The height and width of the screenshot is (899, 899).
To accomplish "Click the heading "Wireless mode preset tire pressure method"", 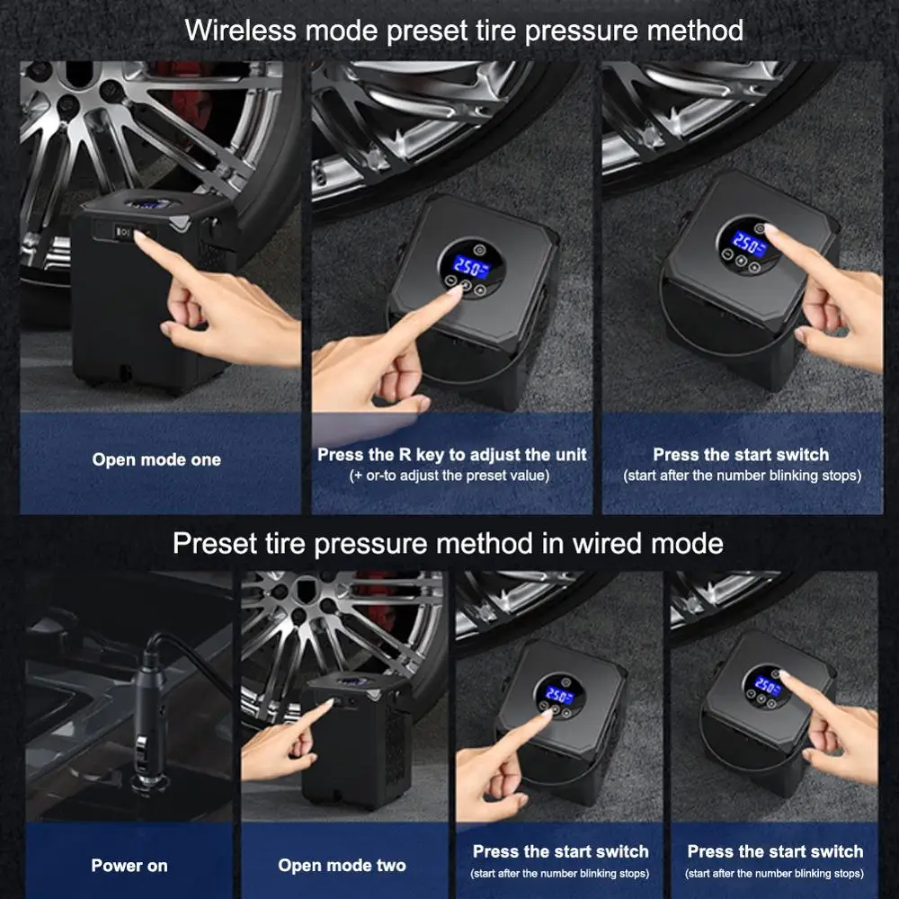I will pos(464,30).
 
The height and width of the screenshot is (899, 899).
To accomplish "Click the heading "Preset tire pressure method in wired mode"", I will pos(448,543).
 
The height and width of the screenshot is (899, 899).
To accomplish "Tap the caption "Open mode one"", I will pos(156,459).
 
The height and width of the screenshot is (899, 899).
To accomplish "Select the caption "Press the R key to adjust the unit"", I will pos(452,454).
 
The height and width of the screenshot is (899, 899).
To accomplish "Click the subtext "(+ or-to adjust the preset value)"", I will pos(449,475).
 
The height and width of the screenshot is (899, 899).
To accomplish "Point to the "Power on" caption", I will pos(129,866).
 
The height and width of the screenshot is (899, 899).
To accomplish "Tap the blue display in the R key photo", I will pos(467,265).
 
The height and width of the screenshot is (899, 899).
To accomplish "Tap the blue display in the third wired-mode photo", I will pos(555,695).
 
